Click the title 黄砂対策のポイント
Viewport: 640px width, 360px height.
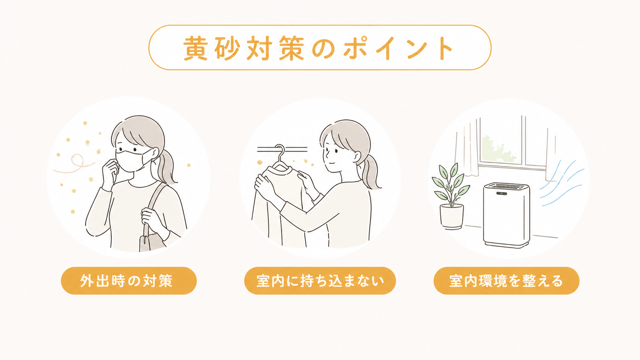pos(320,48)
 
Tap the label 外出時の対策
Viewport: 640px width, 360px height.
pos(129,281)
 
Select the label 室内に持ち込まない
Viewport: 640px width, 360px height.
pos(320,281)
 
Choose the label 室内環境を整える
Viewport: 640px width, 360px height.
pos(506,281)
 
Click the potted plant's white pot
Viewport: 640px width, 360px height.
pos(452,216)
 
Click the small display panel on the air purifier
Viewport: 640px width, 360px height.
pos(501,193)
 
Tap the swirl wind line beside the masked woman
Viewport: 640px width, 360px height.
pos(77,163)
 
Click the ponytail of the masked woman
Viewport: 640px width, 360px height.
pos(167,168)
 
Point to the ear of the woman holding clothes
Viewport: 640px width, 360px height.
pos(357,157)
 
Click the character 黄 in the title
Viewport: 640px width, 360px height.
pos(196,48)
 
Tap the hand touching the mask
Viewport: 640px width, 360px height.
pos(110,172)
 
